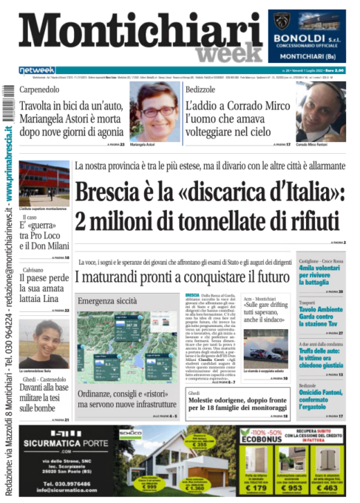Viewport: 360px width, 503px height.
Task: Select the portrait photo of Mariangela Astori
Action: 154,111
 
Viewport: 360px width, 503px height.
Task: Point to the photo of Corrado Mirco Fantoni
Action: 320,111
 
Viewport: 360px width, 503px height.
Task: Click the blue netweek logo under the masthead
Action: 37,70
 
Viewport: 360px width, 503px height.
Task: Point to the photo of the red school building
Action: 44,183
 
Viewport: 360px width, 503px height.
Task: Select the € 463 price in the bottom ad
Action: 330,487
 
